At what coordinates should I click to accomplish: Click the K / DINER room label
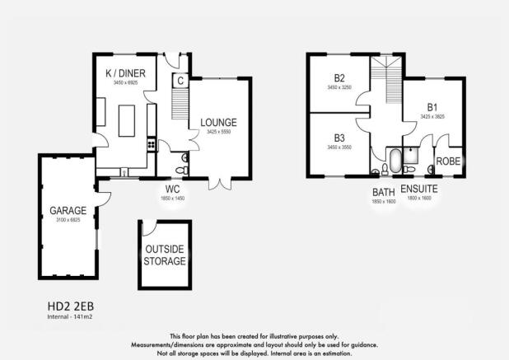(x=126, y=74)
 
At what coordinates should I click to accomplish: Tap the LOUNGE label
(x=218, y=123)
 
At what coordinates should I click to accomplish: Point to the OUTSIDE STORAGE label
(x=165, y=255)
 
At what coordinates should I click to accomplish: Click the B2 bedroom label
(x=339, y=77)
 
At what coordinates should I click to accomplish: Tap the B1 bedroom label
(x=432, y=107)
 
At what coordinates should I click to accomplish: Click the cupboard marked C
(x=180, y=81)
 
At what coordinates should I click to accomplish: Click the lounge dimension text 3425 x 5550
(x=218, y=133)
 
